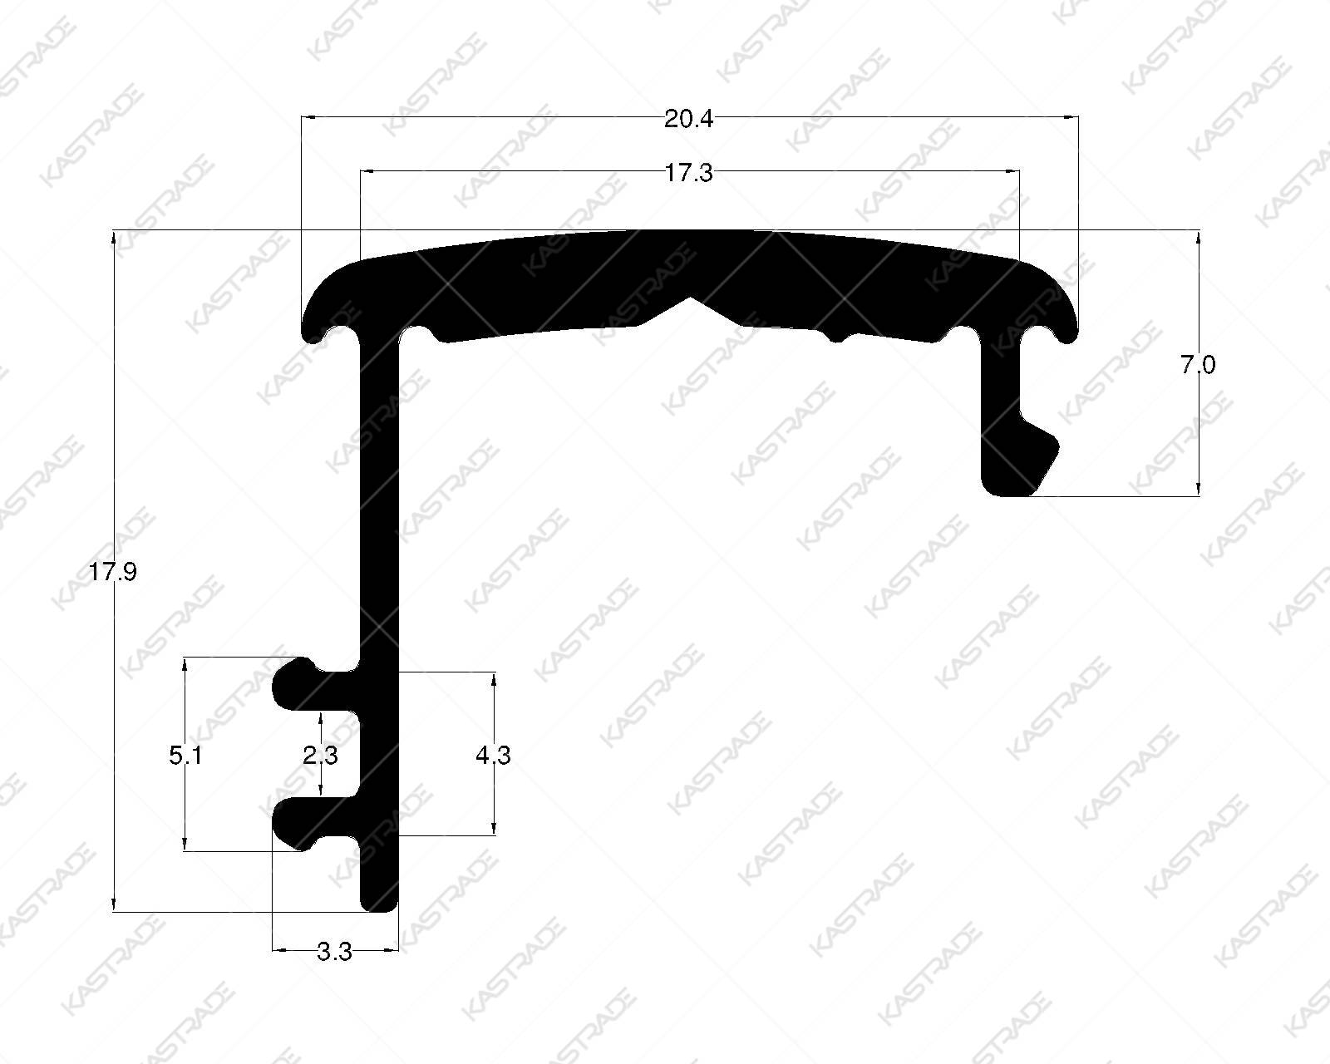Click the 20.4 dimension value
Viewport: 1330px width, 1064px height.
688,119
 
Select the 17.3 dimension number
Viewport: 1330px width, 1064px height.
688,173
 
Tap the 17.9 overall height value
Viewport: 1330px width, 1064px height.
112,572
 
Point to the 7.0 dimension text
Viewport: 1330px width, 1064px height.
1198,365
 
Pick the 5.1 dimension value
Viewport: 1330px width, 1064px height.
185,755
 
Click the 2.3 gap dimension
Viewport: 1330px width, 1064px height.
320,755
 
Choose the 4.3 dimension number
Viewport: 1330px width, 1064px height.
493,755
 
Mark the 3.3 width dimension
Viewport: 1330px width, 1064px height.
334,952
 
